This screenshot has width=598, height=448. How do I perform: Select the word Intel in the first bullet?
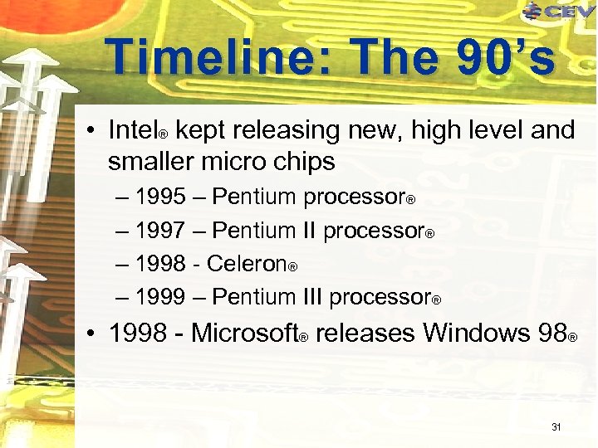[x=133, y=130]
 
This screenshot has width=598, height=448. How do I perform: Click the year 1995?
[x=160, y=197]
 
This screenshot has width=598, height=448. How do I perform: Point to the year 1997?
[x=160, y=230]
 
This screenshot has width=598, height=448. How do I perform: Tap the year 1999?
[x=160, y=296]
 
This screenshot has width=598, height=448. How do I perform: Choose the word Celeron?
[x=246, y=263]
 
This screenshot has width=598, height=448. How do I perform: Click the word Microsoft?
[x=244, y=333]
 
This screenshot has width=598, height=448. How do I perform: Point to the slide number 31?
[x=556, y=427]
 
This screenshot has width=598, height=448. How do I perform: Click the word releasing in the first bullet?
[x=292, y=130]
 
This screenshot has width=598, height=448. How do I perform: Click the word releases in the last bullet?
[x=365, y=333]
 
